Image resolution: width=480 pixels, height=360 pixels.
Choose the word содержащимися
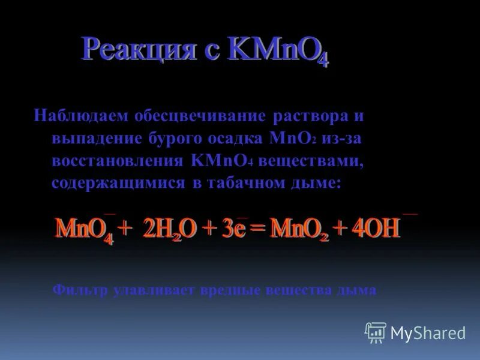click(118, 184)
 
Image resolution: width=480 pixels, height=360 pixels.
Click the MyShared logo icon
click(376, 332)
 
